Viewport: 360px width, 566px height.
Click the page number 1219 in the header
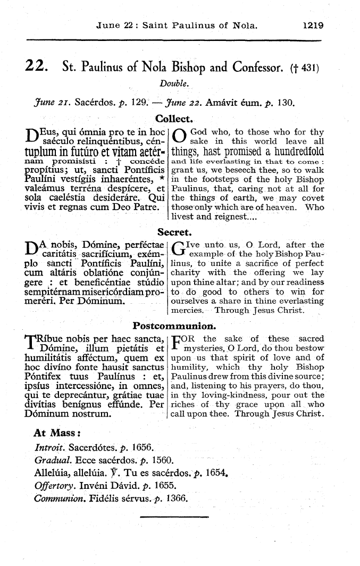[x=312, y=25]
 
